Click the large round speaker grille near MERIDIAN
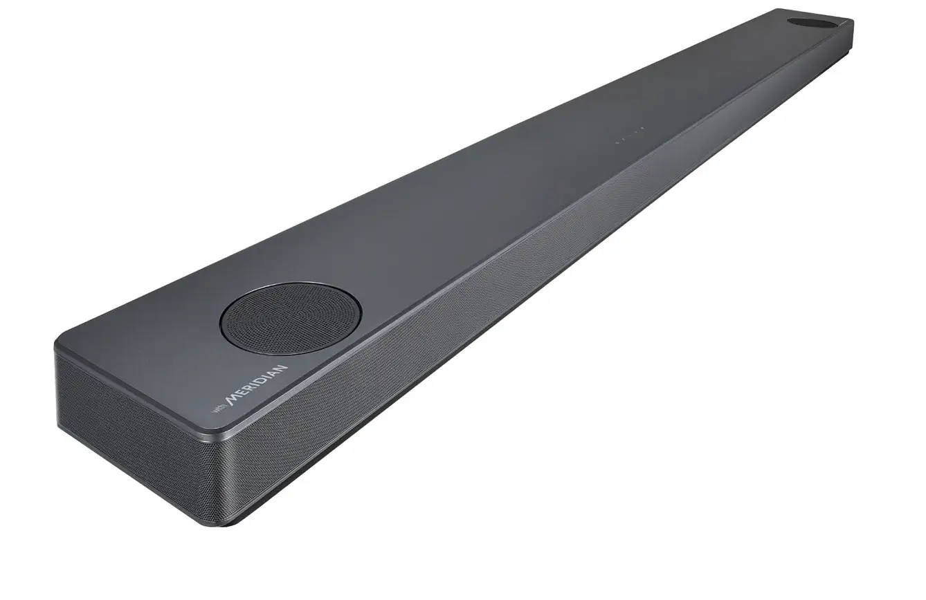291,319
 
